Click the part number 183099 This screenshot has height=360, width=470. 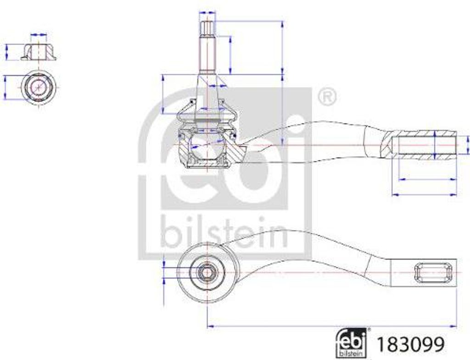click(410, 344)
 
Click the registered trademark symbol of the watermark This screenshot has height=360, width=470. click(327, 97)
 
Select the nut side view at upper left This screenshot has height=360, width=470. click(39, 52)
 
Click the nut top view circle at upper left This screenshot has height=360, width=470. click(39, 87)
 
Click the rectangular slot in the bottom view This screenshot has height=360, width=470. click(432, 272)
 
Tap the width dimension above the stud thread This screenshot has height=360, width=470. click(207, 13)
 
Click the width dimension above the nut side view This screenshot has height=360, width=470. click(39, 35)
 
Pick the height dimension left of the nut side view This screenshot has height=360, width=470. click(6, 52)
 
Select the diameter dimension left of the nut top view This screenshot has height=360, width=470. click(5, 87)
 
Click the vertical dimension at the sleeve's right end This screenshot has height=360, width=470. click(467, 145)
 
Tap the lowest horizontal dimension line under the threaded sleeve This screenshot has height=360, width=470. click(424, 194)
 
